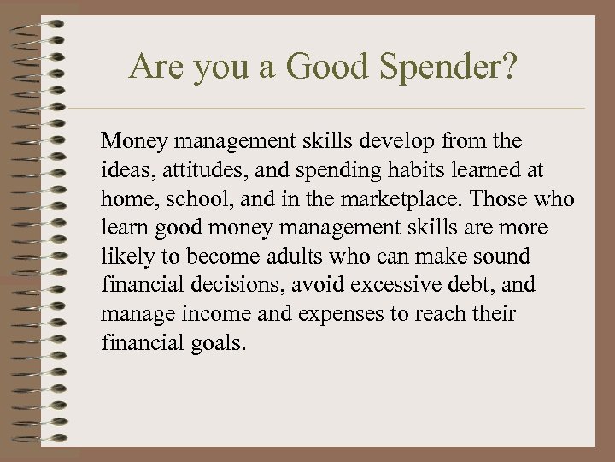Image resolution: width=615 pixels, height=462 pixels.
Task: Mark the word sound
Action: click(x=502, y=257)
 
